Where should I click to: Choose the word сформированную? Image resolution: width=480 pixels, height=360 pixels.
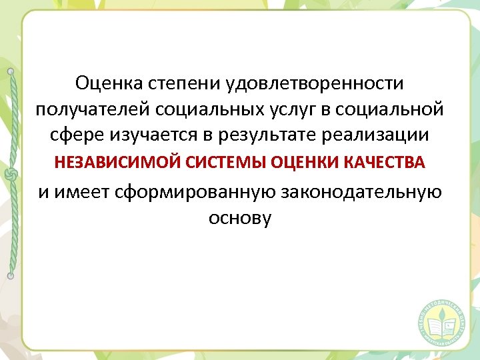pyautogui.click(x=195, y=192)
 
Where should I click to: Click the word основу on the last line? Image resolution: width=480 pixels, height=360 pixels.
pyautogui.click(x=240, y=217)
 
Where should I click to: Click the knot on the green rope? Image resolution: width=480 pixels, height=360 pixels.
pyautogui.click(x=10, y=175)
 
